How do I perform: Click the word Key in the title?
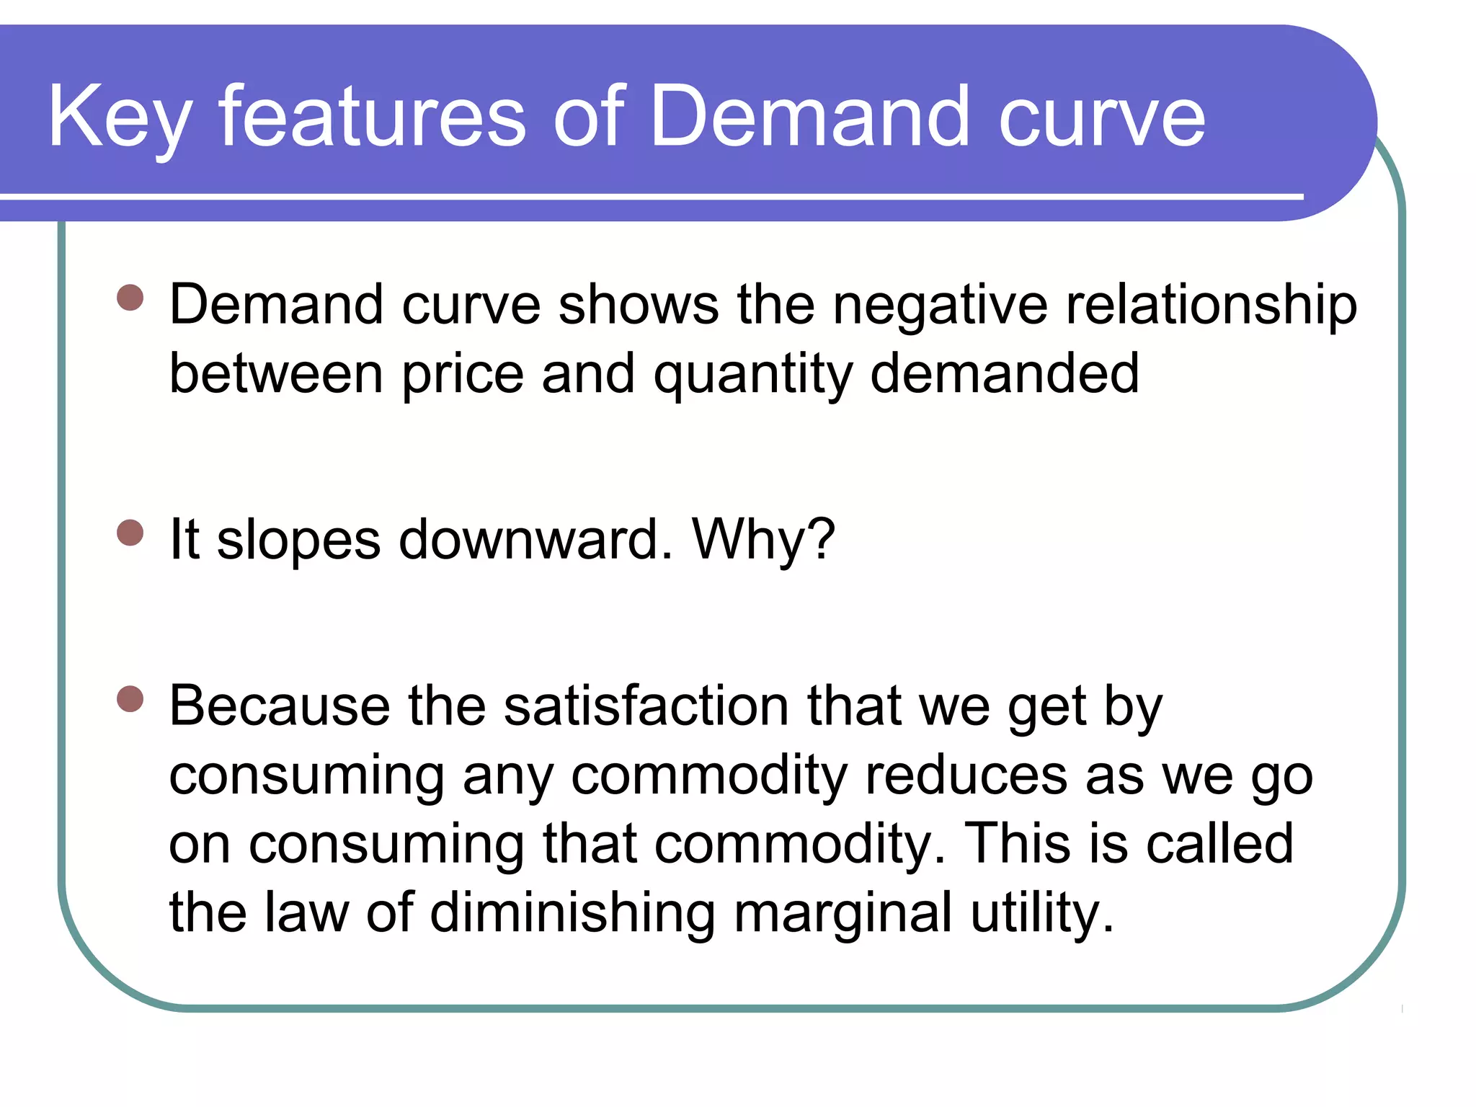coord(120,117)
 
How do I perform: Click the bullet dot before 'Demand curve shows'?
coord(130,297)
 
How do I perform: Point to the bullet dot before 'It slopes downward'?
coord(130,533)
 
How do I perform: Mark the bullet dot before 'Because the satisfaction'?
coord(130,698)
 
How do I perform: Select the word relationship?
coord(1212,306)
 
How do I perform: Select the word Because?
coord(280,706)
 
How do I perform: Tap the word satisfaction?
coord(646,706)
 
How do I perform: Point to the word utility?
coord(1041,914)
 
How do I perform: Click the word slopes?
coord(298,541)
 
